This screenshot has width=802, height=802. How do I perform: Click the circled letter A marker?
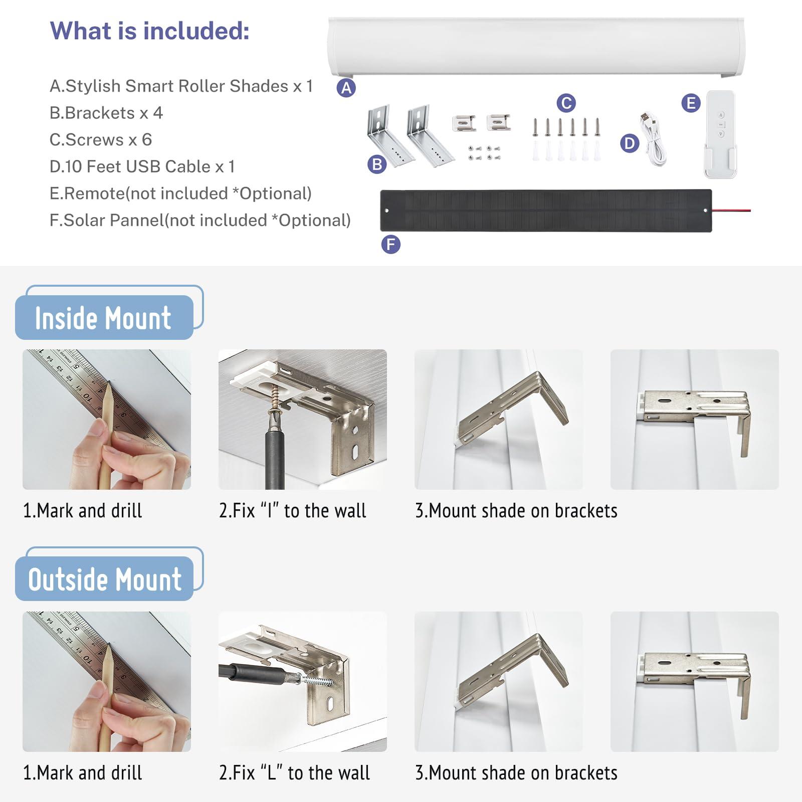[346, 88]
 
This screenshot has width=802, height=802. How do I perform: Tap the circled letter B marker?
[377, 164]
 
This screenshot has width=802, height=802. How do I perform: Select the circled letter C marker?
[566, 103]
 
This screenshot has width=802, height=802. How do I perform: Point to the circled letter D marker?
[630, 144]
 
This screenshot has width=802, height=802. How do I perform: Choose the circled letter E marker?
[691, 103]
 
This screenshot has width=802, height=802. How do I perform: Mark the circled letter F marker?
[390, 245]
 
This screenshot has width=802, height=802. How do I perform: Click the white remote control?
[721, 133]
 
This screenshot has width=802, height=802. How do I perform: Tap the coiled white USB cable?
[653, 140]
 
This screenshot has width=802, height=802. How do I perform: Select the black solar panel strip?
[545, 211]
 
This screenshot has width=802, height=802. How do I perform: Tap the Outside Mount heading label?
[105, 579]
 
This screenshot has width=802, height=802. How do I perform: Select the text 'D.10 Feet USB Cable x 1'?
[142, 166]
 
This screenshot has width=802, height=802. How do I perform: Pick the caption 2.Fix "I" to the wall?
[292, 511]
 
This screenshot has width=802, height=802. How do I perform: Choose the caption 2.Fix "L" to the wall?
[294, 772]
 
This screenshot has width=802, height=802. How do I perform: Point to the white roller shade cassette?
[535, 46]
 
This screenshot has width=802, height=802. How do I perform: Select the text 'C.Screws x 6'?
[100, 140]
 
